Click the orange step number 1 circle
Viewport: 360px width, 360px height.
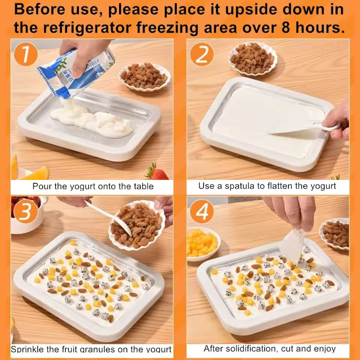tap(26, 54)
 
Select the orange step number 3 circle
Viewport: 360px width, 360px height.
tap(25, 211)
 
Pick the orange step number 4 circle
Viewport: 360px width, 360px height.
tap(202, 211)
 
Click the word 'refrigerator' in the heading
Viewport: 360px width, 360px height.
tap(87, 28)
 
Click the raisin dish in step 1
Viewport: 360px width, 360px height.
tap(145, 77)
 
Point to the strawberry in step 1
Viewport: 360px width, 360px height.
tap(156, 172)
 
